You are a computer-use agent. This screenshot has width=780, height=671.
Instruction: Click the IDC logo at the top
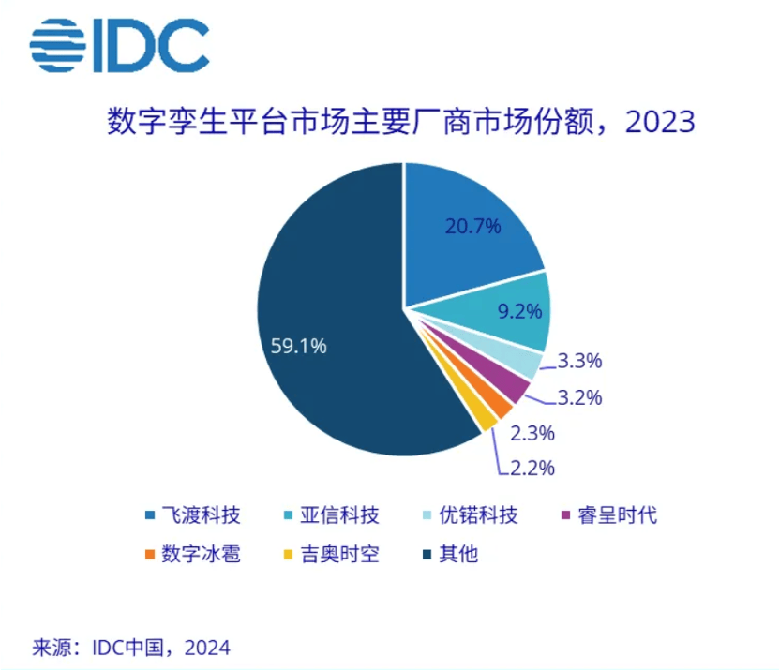pyautogui.click(x=119, y=45)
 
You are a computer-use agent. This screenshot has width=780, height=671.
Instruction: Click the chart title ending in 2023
pyautogui.click(x=401, y=122)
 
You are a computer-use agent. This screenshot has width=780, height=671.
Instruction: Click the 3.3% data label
pyautogui.click(x=579, y=361)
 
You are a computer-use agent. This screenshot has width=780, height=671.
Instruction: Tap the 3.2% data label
pyautogui.click(x=579, y=397)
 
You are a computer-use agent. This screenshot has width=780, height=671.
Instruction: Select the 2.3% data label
pyautogui.click(x=532, y=433)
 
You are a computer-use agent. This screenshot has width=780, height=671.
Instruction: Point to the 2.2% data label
pyautogui.click(x=532, y=467)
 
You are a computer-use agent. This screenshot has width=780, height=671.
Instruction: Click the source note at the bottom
pyautogui.click(x=131, y=648)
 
